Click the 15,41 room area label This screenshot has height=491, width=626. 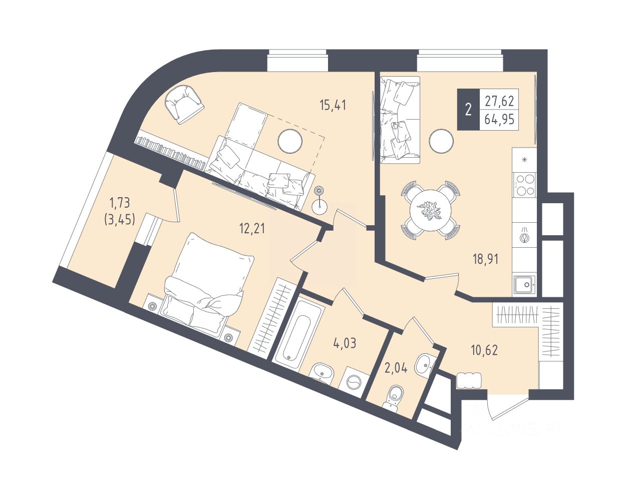333,105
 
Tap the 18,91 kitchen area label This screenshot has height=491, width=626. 486,259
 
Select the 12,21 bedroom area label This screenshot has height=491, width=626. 252,228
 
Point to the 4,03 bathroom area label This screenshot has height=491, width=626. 345,343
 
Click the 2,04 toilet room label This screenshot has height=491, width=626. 395,368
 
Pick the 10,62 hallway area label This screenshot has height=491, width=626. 485,349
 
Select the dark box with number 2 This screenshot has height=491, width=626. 468,110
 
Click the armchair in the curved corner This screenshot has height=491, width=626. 183,104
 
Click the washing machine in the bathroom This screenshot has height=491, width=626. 353,383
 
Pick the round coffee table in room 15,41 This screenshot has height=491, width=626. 290,141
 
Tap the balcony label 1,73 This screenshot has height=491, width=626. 120,203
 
